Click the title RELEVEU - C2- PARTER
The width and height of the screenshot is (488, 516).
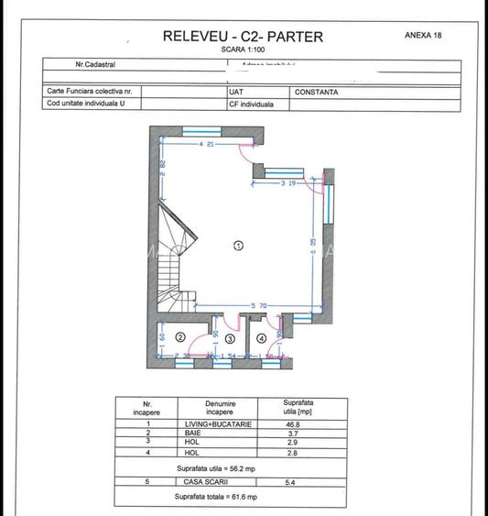tap(243, 37)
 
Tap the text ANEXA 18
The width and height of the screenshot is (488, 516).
tap(423, 35)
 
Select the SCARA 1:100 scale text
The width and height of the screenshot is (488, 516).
tap(242, 50)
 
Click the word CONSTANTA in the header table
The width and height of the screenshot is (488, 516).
tap(317, 93)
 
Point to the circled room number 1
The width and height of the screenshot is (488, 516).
tap(239, 246)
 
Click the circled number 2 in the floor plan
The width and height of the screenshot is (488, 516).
tap(180, 338)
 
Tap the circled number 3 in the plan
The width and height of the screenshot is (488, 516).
tap(230, 338)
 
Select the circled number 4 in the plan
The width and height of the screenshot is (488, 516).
tap(263, 338)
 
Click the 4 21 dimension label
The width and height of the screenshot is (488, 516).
tap(206, 145)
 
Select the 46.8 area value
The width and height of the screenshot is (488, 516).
tap(291, 424)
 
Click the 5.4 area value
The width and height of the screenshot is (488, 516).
tap(290, 481)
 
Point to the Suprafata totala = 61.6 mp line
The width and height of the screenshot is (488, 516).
tap(216, 496)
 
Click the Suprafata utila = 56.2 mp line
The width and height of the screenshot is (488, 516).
tap(216, 467)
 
